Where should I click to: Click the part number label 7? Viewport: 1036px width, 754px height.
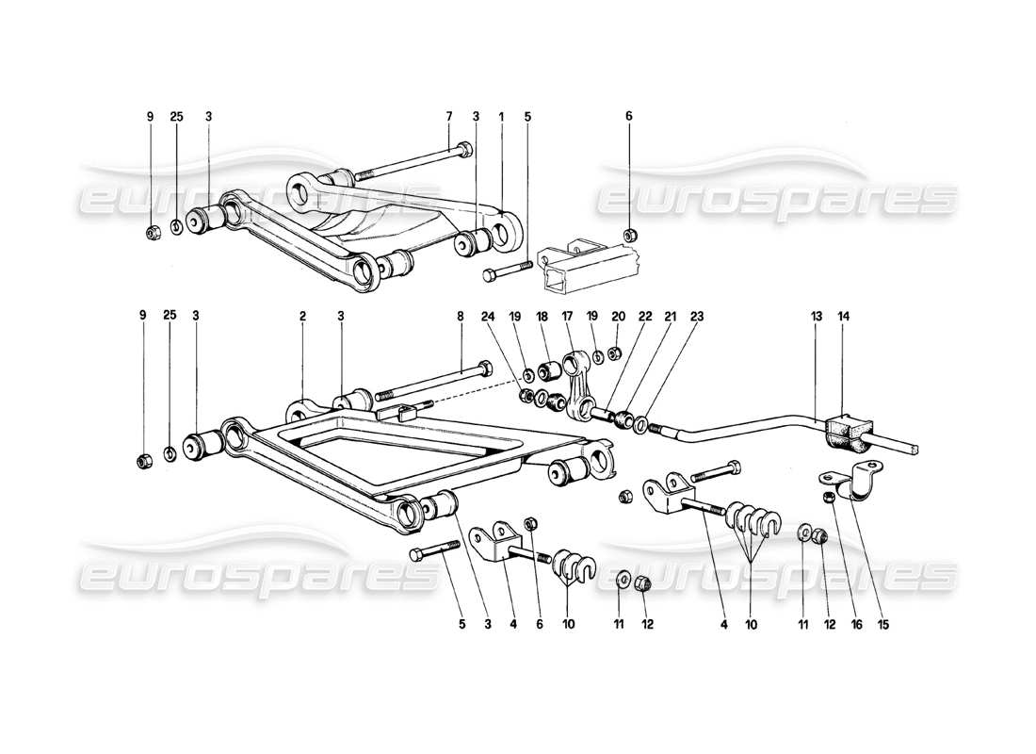pyautogui.click(x=449, y=117)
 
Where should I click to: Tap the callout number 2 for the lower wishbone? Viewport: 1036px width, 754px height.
pyautogui.click(x=303, y=318)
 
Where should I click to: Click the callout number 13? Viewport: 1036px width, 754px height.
pyautogui.click(x=813, y=318)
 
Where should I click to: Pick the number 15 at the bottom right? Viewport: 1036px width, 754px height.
pyautogui.click(x=883, y=623)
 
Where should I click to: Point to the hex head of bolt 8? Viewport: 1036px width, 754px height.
pyautogui.click(x=484, y=367)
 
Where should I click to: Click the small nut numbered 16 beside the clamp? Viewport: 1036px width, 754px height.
pyautogui.click(x=828, y=496)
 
